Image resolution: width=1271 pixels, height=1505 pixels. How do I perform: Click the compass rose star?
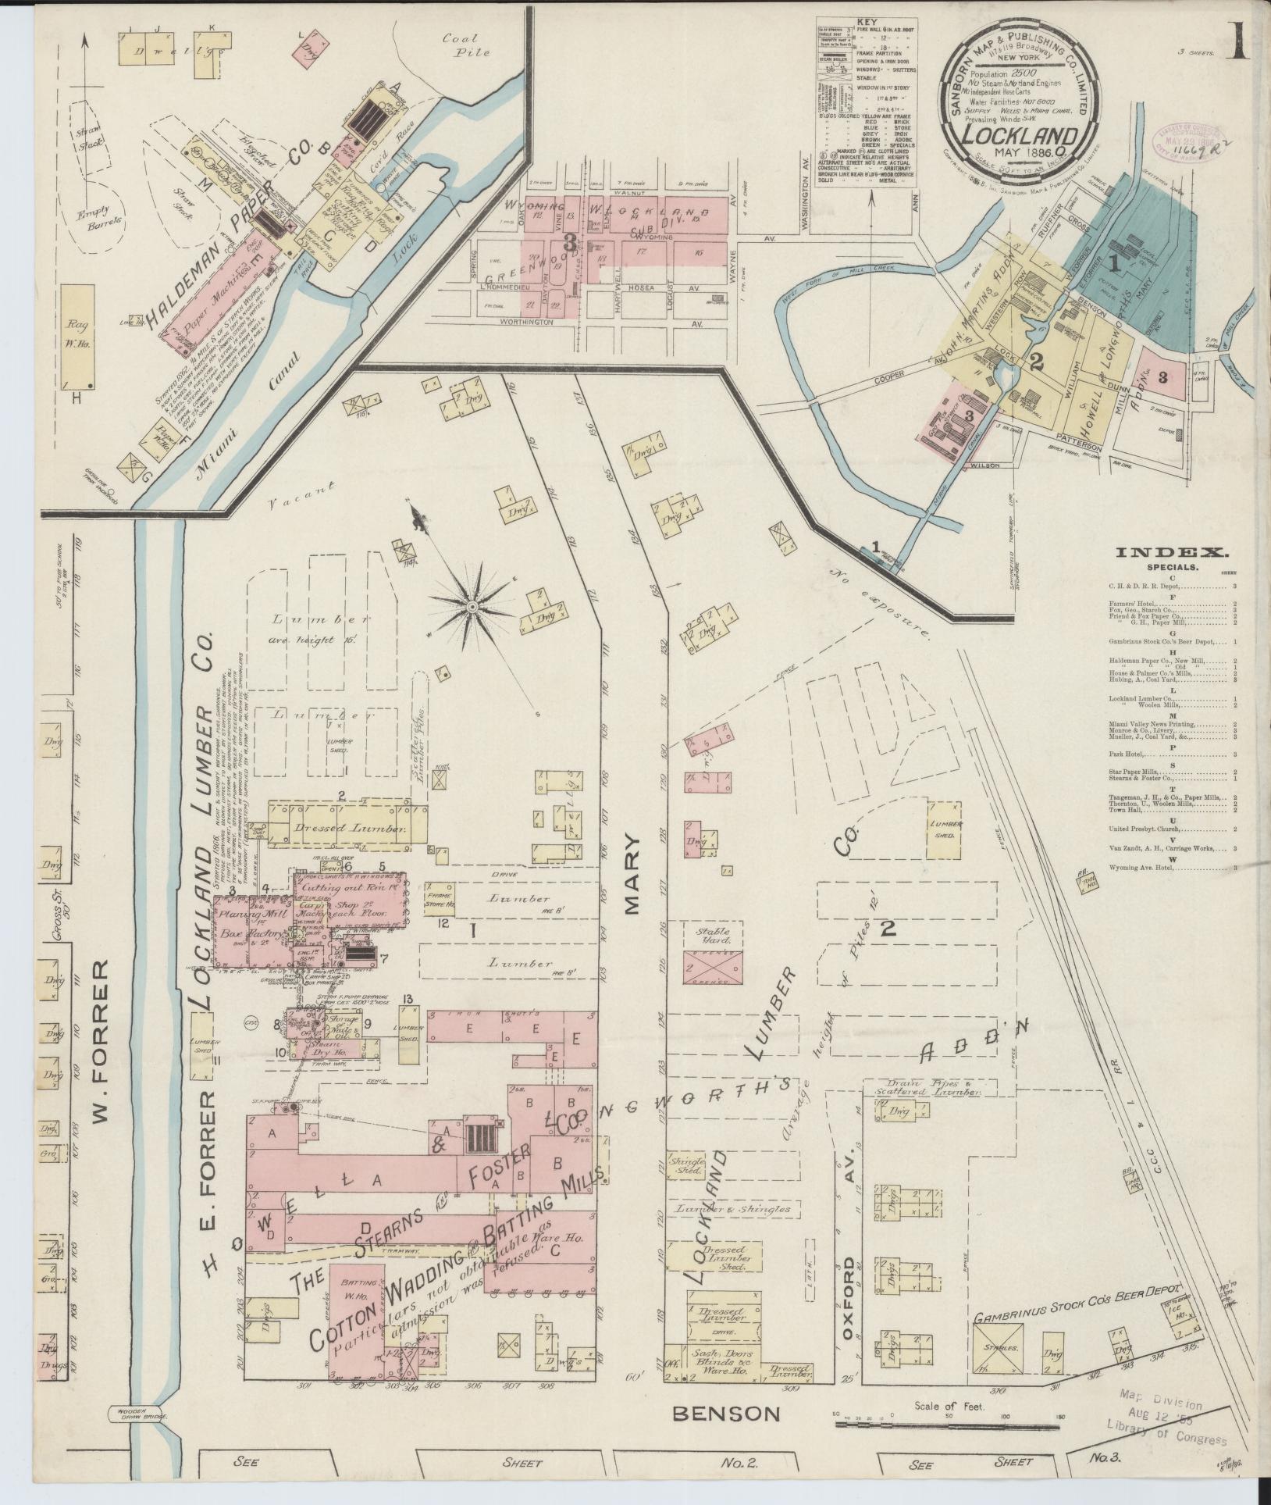pyautogui.click(x=473, y=606)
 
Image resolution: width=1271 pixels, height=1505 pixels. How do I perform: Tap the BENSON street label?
pyautogui.click(x=726, y=1413)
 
